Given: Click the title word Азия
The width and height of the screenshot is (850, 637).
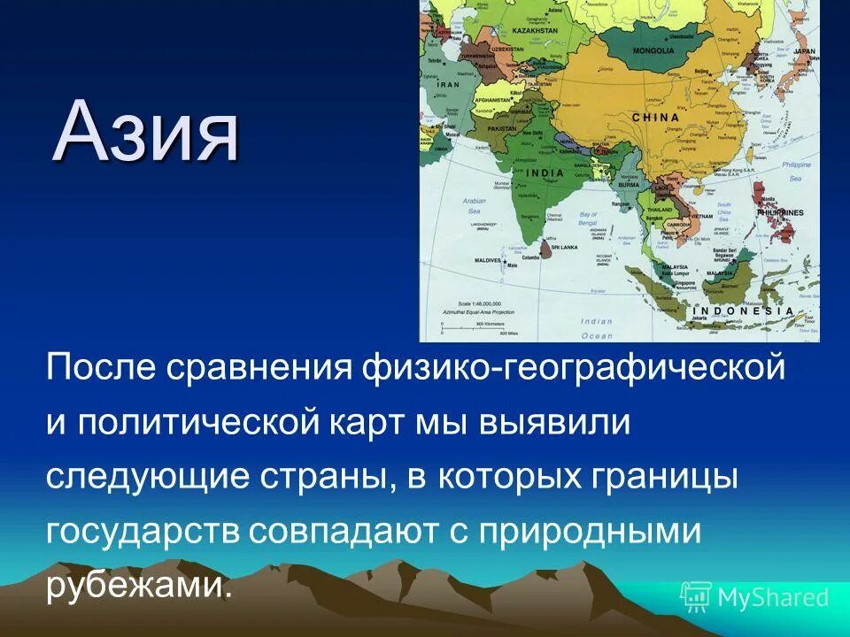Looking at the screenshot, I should point(146,133).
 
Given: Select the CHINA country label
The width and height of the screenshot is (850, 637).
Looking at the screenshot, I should point(656,117).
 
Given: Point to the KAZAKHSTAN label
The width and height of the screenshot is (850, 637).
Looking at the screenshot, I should point(530,30).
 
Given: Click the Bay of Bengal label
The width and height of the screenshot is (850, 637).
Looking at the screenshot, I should point(589,219).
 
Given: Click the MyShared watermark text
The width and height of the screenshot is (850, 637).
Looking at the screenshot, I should point(772,597).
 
